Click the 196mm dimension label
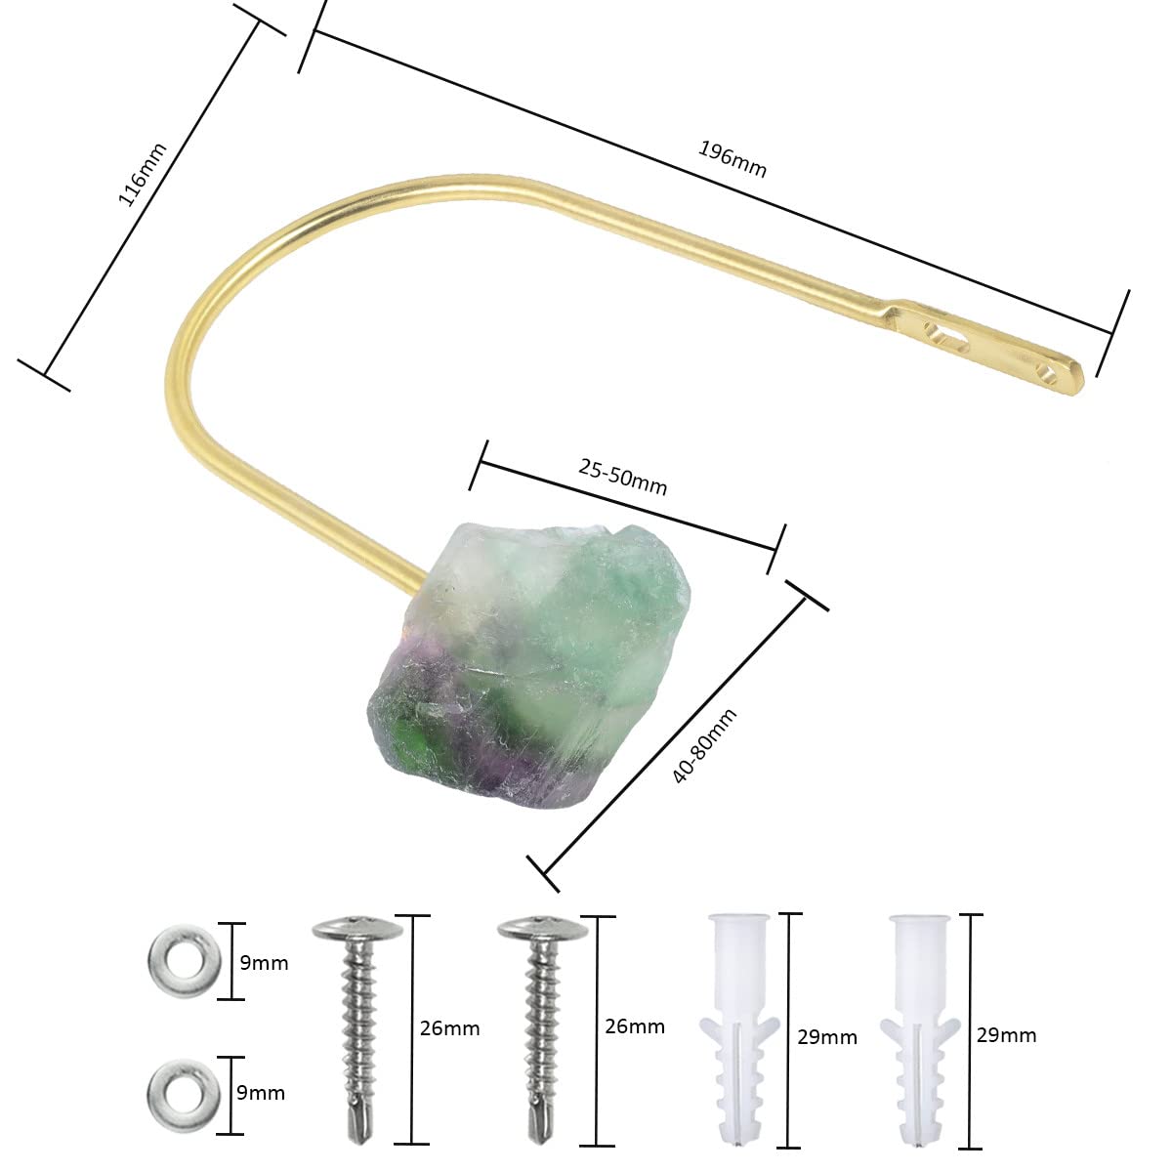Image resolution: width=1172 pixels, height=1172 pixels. click(732, 159)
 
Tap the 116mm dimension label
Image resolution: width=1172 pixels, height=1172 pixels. click(142, 175)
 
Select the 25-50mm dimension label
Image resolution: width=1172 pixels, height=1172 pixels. click(621, 477)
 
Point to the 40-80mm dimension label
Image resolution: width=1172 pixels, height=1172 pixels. click(704, 745)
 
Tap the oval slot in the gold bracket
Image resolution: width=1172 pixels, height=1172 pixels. click(944, 335)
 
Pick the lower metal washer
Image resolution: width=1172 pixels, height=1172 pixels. click(183, 1096)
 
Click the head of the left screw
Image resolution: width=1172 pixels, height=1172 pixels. click(357, 931)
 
